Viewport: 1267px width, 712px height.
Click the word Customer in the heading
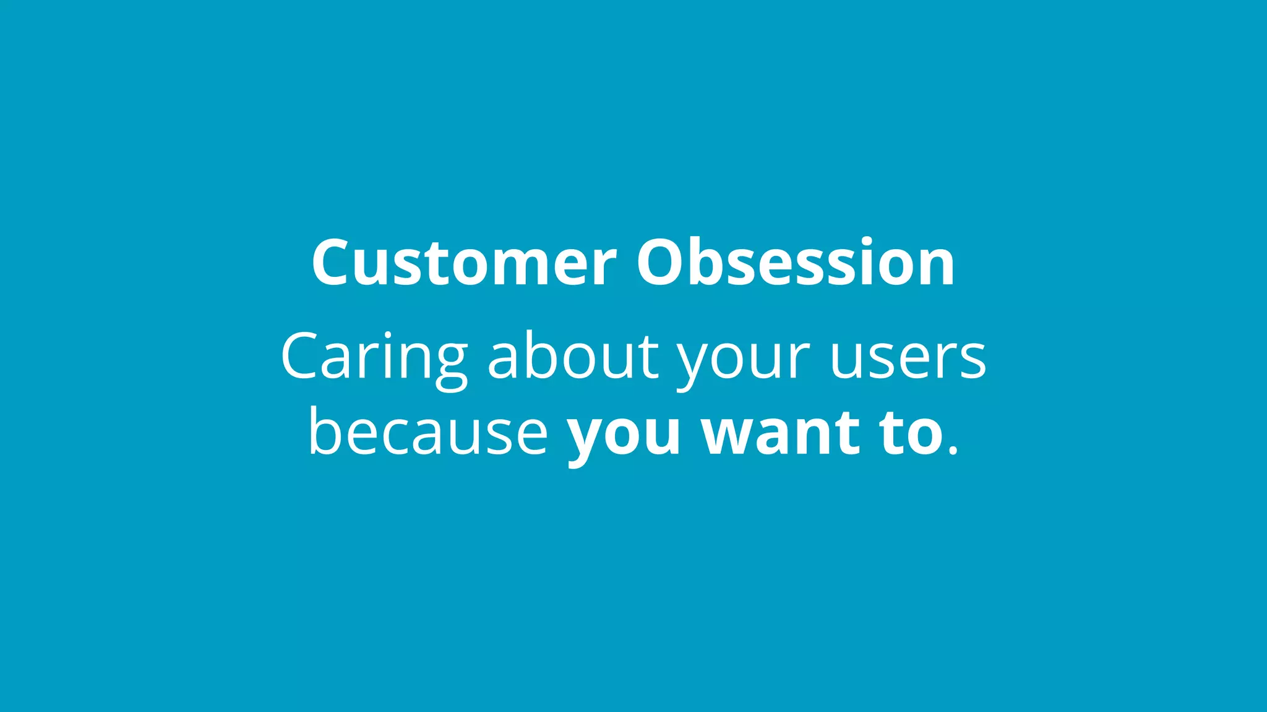click(464, 263)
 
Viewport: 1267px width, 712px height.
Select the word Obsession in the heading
click(796, 263)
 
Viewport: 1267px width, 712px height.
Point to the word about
click(573, 357)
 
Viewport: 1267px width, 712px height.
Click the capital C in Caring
click(301, 357)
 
